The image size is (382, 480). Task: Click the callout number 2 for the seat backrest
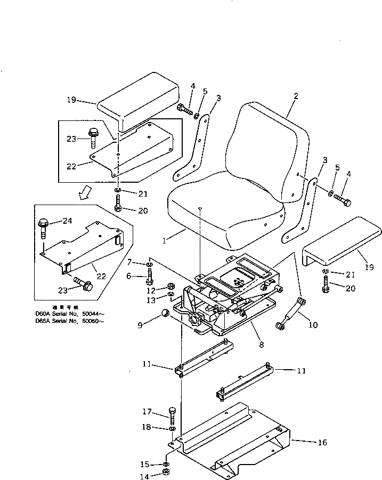[x=296, y=96]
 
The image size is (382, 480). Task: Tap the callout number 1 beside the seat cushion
[x=165, y=240]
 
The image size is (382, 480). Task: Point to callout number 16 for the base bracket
[x=322, y=442]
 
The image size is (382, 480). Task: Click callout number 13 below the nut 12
[x=151, y=299]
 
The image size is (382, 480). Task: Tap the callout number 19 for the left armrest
[x=72, y=99]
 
